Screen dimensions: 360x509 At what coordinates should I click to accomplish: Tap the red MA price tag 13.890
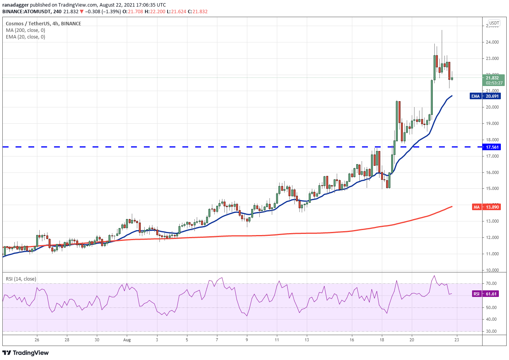click(486, 207)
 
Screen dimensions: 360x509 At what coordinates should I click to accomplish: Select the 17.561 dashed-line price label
click(492, 147)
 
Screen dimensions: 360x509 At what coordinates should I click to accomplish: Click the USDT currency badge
click(494, 23)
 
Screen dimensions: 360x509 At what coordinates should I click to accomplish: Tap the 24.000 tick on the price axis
click(492, 42)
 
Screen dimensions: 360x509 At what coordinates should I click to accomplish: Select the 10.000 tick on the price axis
click(492, 270)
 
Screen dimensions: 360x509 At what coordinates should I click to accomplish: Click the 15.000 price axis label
click(492, 189)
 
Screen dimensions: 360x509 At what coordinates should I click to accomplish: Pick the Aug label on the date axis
click(127, 340)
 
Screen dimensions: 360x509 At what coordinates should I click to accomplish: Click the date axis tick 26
click(37, 340)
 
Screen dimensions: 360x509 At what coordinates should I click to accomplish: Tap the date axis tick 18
click(382, 340)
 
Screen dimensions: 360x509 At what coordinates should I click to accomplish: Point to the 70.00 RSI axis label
click(491, 283)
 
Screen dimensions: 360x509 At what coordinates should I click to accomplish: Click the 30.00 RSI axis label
click(491, 332)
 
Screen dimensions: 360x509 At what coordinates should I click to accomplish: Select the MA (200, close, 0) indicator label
click(25, 30)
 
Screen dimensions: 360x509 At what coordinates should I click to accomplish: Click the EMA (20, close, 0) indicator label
click(25, 37)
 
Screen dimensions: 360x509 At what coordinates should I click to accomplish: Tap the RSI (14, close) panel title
click(21, 279)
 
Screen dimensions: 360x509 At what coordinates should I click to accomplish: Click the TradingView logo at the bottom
click(26, 353)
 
